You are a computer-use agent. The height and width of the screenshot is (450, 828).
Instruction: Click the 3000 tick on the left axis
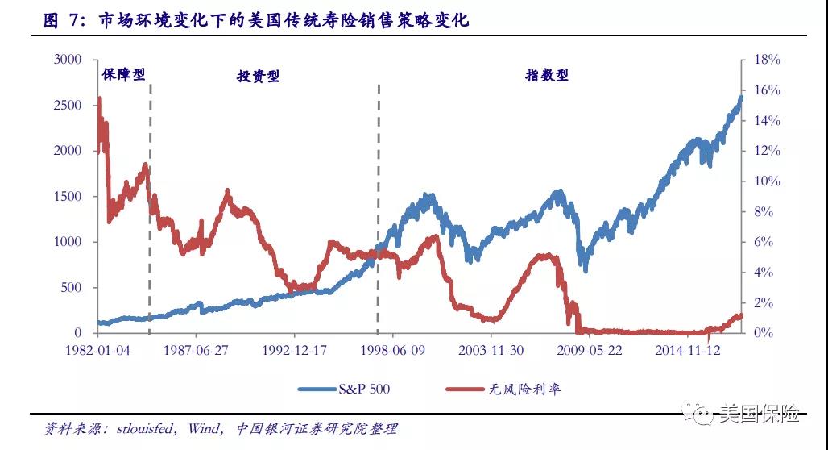click(x=68, y=60)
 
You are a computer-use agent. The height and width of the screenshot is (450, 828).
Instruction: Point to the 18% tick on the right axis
click(x=766, y=60)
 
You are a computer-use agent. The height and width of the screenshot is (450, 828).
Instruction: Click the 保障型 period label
click(x=123, y=74)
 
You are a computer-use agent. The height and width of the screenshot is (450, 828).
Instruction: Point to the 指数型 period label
click(x=547, y=75)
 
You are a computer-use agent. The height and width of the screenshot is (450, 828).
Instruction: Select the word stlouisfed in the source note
click(x=141, y=428)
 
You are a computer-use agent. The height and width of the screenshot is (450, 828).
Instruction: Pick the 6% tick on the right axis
click(x=764, y=242)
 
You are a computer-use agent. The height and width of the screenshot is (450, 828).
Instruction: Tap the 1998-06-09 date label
click(x=391, y=350)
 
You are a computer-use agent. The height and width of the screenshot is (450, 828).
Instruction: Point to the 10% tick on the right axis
click(x=766, y=181)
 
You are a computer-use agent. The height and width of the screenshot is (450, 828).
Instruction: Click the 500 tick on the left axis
click(x=72, y=288)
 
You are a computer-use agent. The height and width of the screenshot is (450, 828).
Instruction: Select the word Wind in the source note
click(x=204, y=428)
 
